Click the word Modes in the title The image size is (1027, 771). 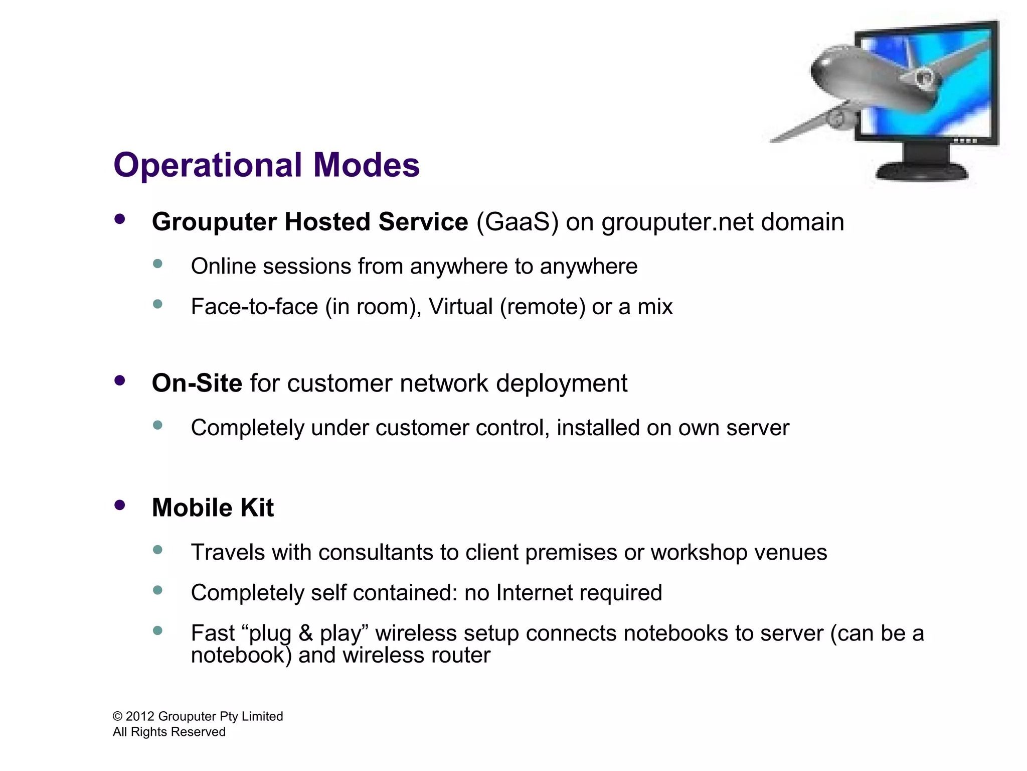[x=366, y=166]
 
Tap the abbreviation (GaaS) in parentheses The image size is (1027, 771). [x=517, y=222]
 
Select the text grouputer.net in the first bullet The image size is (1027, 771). [x=677, y=222]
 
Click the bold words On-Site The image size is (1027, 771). [x=197, y=383]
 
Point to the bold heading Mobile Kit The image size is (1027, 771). [x=213, y=508]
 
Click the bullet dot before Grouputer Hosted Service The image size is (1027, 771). [x=119, y=219]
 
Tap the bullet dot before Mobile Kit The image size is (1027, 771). [x=119, y=505]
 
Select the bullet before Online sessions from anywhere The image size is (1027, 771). [x=157, y=264]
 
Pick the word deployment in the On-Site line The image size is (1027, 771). [x=561, y=383]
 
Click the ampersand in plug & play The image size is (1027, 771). [x=306, y=633]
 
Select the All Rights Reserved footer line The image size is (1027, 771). [x=169, y=732]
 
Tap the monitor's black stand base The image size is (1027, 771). [x=922, y=172]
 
